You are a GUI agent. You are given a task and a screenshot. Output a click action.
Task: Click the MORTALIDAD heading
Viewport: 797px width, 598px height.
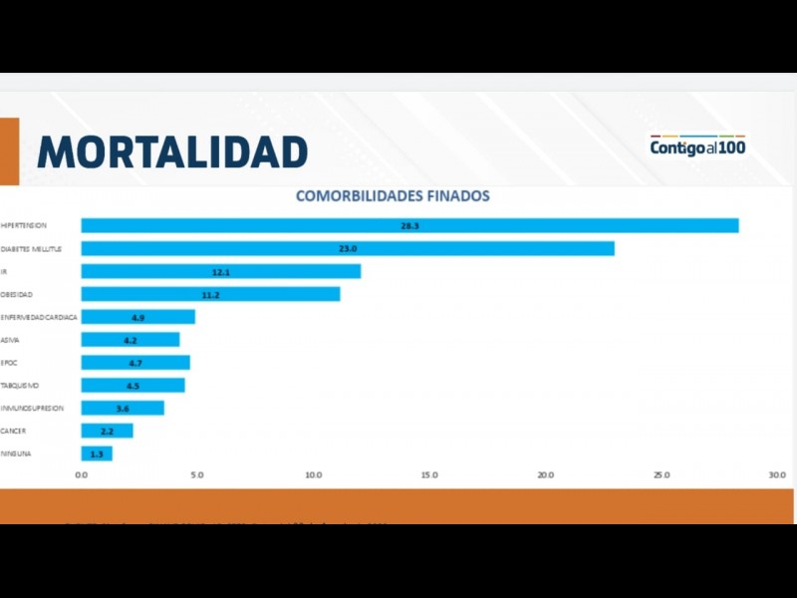(x=171, y=151)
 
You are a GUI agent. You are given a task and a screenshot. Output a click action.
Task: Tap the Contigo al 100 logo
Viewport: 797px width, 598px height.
(x=697, y=147)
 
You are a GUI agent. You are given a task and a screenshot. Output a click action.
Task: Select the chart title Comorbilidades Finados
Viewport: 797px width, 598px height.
(x=393, y=196)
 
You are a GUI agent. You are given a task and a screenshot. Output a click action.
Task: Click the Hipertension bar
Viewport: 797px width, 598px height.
(x=409, y=225)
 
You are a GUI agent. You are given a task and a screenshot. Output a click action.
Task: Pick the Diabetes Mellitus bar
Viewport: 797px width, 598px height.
(x=348, y=248)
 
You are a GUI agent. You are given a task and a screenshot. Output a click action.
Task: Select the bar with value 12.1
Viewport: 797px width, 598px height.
(x=220, y=271)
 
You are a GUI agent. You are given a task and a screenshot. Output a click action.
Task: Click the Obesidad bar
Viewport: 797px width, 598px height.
(x=210, y=294)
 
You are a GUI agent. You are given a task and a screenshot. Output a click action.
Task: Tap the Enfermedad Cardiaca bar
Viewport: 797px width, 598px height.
(x=137, y=317)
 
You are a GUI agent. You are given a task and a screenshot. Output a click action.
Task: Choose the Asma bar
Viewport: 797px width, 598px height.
(x=130, y=340)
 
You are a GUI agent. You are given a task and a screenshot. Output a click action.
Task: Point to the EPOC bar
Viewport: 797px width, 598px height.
(x=135, y=363)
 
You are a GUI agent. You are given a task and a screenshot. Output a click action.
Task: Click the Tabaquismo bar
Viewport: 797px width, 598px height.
(x=133, y=386)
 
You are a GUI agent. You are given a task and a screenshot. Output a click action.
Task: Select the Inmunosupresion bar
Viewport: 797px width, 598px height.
(x=123, y=408)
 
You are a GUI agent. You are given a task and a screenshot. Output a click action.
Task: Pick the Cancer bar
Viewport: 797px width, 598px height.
(x=107, y=431)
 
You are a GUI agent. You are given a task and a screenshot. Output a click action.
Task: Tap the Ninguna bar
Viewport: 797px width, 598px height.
(x=97, y=453)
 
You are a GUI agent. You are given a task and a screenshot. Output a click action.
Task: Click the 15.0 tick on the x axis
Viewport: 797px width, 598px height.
(x=429, y=474)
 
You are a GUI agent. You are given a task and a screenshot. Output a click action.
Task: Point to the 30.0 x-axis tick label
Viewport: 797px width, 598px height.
(x=777, y=474)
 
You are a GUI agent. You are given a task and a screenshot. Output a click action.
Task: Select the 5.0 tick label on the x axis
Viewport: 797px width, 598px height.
(x=197, y=474)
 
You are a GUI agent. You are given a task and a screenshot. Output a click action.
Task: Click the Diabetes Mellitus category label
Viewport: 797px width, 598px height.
(x=31, y=248)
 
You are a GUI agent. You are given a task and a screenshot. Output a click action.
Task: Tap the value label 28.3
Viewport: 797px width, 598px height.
(x=409, y=226)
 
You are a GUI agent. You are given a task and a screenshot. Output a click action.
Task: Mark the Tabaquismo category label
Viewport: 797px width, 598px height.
(x=20, y=386)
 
